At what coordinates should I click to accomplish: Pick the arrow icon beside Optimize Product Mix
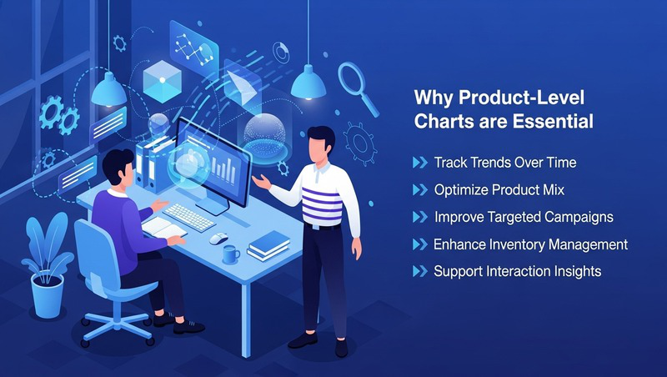[x=419, y=190]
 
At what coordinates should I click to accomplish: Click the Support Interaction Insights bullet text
[x=517, y=272]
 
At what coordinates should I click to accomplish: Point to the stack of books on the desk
[x=268, y=244]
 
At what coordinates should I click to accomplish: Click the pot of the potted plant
[x=47, y=294]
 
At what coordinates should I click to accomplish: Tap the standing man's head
[x=318, y=143]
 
